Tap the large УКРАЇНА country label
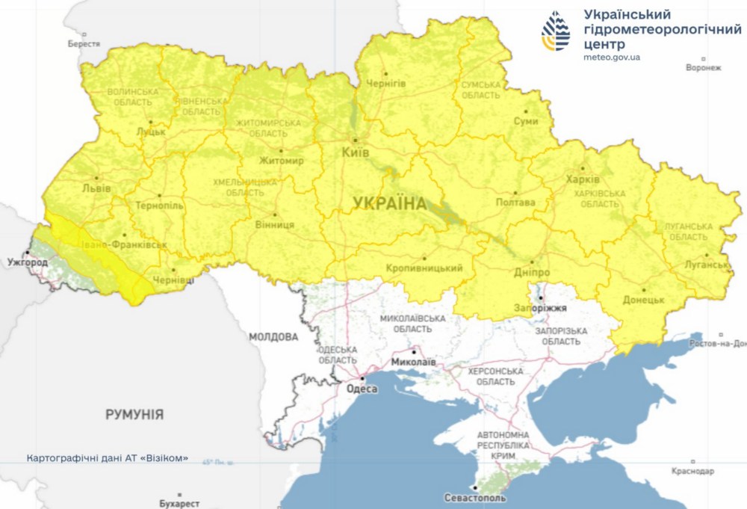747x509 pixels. (389, 203)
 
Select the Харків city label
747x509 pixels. (582, 180)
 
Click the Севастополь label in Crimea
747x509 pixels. (474, 497)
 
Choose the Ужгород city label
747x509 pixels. (28, 263)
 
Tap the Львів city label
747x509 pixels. (96, 188)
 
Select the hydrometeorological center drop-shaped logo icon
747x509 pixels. (556, 31)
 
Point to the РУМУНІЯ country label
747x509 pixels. (134, 414)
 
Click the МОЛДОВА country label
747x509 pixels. (273, 337)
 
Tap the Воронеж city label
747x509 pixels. (703, 68)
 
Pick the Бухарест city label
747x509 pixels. (179, 504)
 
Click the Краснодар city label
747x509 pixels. (692, 472)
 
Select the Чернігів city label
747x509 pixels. (385, 84)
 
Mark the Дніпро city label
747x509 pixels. (530, 273)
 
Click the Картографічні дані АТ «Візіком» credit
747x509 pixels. (107, 457)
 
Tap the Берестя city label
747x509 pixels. (84, 44)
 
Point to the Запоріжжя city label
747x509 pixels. (541, 308)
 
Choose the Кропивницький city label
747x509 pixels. (424, 268)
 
